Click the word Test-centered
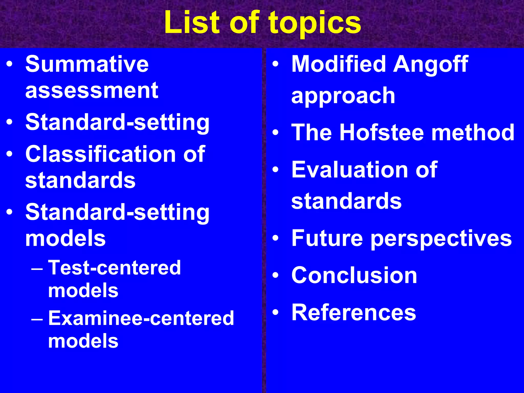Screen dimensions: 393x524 pos(115,268)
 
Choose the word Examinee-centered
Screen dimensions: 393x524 pos(141,318)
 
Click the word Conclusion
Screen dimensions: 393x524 pos(354,275)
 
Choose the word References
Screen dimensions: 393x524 pos(354,312)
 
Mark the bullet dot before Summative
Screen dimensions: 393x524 pos(9,64)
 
